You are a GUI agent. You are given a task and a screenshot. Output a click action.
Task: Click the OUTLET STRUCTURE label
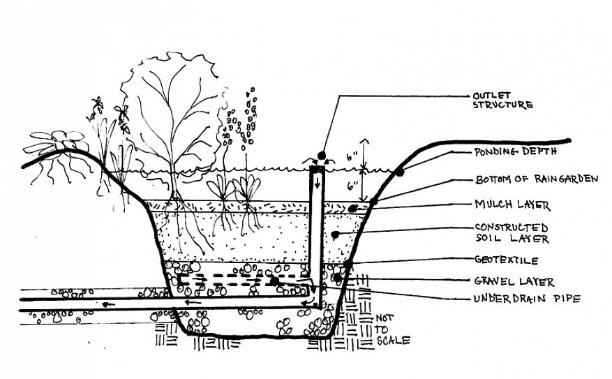503,100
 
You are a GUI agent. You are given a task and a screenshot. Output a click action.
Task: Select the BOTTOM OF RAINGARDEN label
537,179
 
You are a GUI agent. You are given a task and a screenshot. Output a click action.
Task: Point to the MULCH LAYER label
512,205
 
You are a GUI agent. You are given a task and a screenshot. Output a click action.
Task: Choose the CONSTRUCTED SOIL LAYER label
512,233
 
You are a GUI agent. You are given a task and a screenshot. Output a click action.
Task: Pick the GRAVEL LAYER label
514,282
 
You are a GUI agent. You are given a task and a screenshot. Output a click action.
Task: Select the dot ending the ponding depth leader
400,172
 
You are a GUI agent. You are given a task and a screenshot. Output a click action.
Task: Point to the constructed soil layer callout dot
335,235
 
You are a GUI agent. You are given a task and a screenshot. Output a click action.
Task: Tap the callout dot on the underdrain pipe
275,281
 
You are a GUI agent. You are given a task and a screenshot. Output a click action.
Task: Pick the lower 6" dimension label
352,186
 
